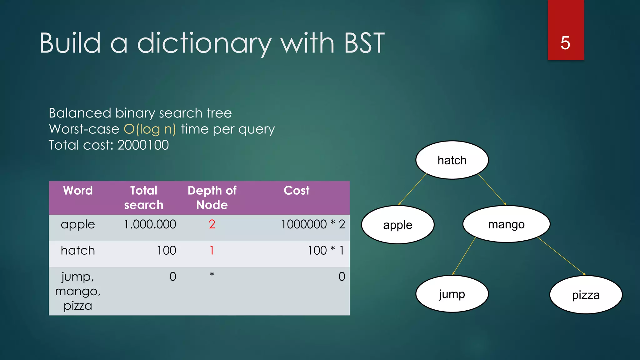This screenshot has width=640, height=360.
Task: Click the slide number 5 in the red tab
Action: click(565, 43)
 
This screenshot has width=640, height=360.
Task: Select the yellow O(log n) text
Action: click(150, 129)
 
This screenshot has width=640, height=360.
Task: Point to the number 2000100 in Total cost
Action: click(143, 145)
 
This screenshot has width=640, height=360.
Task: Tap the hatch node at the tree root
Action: click(452, 160)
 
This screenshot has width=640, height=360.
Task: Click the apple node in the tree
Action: click(397, 225)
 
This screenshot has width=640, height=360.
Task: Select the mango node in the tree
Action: click(506, 224)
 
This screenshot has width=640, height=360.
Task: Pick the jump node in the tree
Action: click(452, 294)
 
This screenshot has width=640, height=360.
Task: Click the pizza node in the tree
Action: click(586, 295)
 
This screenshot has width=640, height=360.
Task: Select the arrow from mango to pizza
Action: click(561, 256)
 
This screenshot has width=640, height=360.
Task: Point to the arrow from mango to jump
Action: click(464, 256)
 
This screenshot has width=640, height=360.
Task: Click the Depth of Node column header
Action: click(212, 197)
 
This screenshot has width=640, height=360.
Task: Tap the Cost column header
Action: click(296, 190)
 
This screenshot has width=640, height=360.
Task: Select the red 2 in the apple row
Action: click(212, 224)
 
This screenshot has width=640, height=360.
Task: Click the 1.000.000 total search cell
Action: click(150, 224)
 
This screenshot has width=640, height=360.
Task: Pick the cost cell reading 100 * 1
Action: click(326, 250)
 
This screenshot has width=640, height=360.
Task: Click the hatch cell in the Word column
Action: click(78, 250)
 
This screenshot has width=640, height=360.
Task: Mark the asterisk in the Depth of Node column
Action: click(212, 275)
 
